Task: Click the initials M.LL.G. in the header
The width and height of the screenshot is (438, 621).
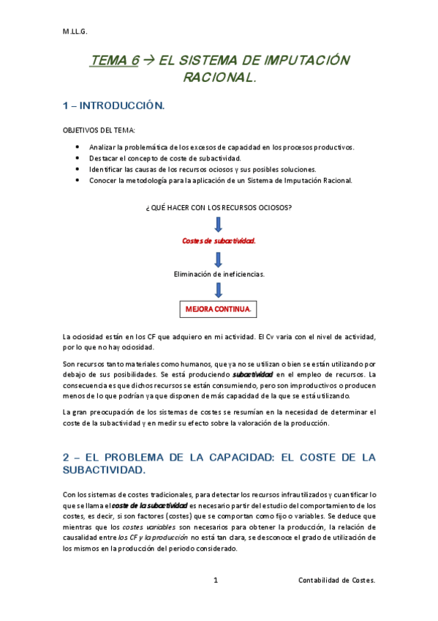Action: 75,31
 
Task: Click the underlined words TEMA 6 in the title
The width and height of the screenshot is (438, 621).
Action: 114,62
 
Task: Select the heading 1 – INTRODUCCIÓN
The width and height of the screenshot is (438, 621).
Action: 114,107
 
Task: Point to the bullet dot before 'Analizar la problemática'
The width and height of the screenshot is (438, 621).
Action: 78,146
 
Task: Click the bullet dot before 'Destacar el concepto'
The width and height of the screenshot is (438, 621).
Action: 78,157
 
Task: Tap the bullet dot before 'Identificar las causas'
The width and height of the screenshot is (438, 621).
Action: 78,168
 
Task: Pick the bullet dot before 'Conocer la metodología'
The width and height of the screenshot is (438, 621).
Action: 78,179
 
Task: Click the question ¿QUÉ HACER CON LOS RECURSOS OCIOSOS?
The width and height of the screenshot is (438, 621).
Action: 219,207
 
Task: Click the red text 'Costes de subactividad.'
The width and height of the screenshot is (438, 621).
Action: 219,240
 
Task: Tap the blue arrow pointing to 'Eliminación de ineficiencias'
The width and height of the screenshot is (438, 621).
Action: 219,258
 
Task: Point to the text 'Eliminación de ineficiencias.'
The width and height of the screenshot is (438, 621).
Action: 219,274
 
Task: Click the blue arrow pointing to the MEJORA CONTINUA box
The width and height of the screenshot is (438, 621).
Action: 219,290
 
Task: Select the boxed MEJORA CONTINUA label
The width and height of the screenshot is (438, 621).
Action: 219,308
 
